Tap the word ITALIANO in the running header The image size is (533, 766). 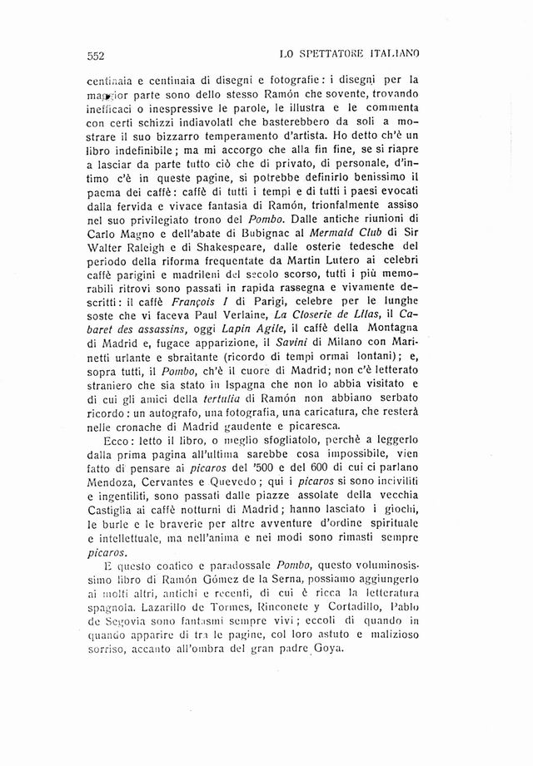click(393, 54)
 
